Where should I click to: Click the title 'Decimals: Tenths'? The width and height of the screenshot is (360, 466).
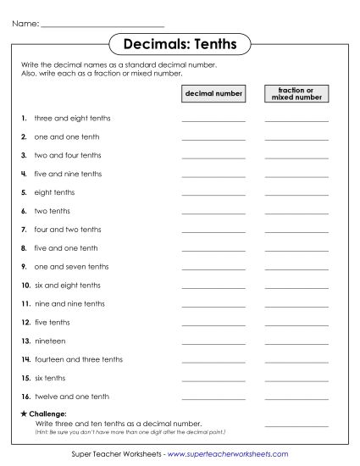180,42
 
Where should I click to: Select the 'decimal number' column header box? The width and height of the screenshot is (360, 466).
213,93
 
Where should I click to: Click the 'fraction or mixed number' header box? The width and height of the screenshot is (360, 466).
296,93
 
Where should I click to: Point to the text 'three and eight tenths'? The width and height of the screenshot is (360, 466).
72,118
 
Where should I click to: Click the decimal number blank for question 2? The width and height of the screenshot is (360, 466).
213,138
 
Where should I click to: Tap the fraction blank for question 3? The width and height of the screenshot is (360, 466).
296,157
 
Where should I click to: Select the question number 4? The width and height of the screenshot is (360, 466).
25,174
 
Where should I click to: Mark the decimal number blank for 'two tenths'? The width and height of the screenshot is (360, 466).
213,213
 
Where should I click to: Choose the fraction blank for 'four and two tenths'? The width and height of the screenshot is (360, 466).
296,231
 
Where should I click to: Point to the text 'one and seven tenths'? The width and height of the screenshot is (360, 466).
71,267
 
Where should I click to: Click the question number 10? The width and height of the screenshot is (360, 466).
25,286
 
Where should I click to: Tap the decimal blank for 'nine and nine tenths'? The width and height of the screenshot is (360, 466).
213,305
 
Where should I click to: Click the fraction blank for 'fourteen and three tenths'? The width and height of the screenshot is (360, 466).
296,361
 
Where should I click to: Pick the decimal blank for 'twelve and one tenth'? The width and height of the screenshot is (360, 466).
213,398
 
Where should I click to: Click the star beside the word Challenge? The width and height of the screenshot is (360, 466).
21,413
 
